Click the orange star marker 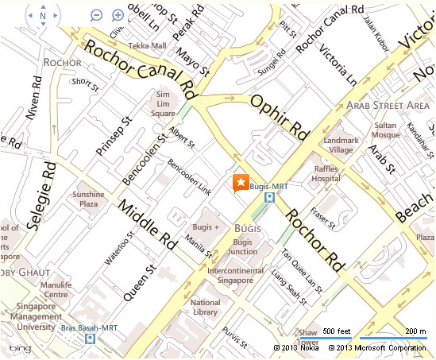[240, 182]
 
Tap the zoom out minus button [96, 15]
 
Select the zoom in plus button [118, 15]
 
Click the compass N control [43, 15]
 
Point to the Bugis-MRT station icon [270, 197]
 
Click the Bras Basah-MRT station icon [90, 339]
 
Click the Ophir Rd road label [278, 115]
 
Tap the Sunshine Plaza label [88, 199]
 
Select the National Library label [206, 307]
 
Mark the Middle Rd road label [148, 226]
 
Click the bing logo [20, 349]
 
